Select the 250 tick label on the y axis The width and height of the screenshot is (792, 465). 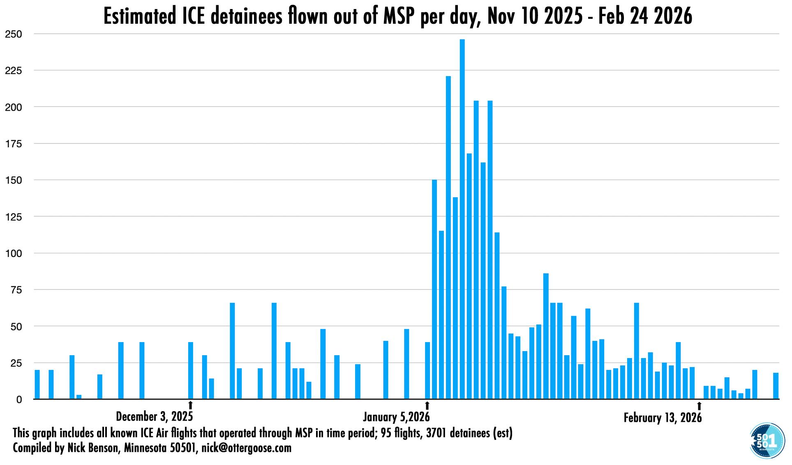pyautogui.click(x=14, y=34)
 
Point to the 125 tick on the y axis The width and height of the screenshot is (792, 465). pyautogui.click(x=14, y=217)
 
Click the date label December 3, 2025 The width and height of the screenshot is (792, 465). pyautogui.click(x=154, y=416)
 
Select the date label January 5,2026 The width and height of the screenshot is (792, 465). pyautogui.click(x=396, y=417)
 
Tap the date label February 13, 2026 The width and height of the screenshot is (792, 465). pyautogui.click(x=663, y=418)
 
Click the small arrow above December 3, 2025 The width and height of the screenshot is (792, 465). pyautogui.click(x=190, y=405)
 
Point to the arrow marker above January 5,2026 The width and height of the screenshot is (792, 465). pyautogui.click(x=427, y=405)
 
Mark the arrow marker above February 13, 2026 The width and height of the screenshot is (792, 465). pyautogui.click(x=699, y=406)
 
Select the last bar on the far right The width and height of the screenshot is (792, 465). pyautogui.click(x=776, y=386)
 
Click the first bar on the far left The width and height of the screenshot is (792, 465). pyautogui.click(x=37, y=385)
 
